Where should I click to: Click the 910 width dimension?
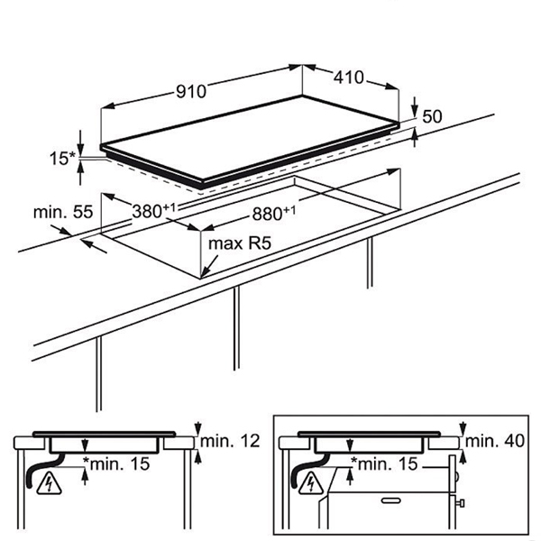point(191,91)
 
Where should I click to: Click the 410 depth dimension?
point(348,78)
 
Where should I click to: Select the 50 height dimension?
point(432,116)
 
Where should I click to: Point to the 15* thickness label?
point(62,159)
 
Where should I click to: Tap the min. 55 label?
point(63,212)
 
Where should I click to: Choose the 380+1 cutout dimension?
point(154,210)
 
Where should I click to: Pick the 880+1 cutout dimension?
point(274,213)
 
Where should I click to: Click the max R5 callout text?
point(240,243)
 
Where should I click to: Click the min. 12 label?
point(230,441)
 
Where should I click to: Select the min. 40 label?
point(495,441)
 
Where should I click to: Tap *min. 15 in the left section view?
point(116,463)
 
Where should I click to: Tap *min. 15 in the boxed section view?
point(384,463)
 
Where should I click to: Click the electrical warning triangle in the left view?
point(49,483)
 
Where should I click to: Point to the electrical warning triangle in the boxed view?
point(311,483)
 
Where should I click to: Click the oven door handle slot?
point(392,500)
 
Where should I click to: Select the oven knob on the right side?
point(460,503)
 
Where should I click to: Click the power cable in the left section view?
point(44,470)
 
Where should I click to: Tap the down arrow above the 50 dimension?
point(415,110)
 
